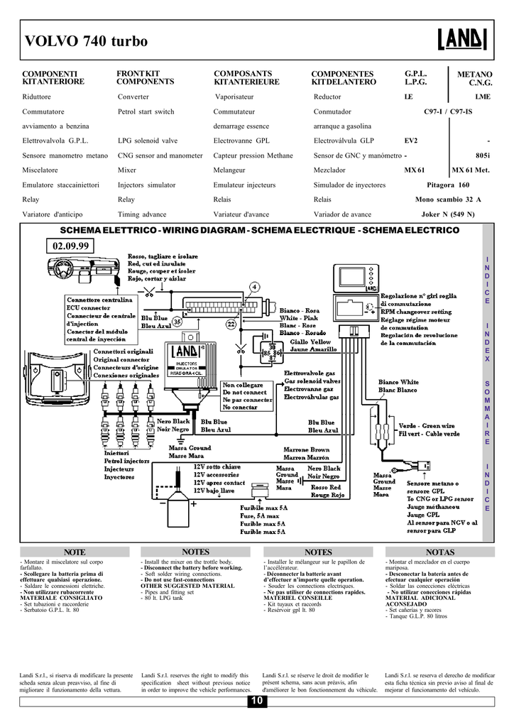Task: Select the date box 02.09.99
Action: coord(72,246)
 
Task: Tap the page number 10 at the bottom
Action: coord(256,701)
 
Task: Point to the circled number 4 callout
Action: coord(253,287)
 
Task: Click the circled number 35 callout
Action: coord(177,322)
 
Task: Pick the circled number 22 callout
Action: coord(231,324)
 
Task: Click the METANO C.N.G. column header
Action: coord(474,78)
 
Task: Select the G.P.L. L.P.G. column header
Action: coord(415,77)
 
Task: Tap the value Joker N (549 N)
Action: coord(448,214)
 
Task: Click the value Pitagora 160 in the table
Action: coord(448,185)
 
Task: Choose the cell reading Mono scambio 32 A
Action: coord(448,199)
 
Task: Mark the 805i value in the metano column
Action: coord(483,155)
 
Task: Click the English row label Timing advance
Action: coord(142,214)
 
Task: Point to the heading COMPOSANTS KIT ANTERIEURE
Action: coord(244,77)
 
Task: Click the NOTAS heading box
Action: coord(440,552)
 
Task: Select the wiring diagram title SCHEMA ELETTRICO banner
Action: coord(260,231)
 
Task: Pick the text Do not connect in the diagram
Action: coord(244,392)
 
